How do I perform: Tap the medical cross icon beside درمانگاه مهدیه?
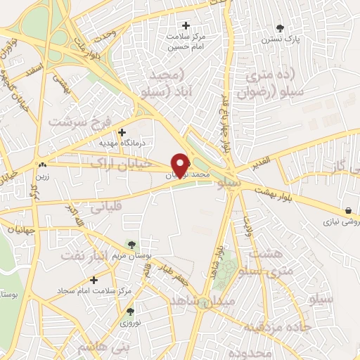[x=122, y=131]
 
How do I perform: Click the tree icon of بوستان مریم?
[x=130, y=245]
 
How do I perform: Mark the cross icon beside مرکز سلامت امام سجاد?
[x=94, y=280]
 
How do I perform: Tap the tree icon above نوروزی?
[x=129, y=311]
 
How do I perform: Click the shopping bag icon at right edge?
[x=349, y=210]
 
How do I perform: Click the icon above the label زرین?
[x=42, y=166]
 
